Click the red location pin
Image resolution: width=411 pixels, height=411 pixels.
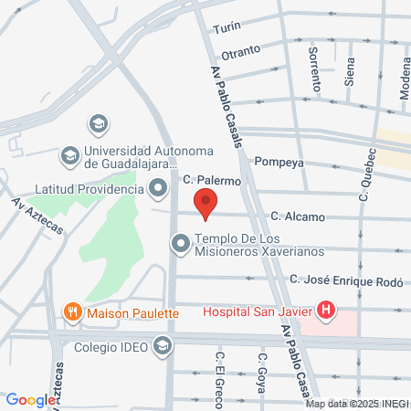206,203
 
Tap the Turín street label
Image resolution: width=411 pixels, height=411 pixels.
227,29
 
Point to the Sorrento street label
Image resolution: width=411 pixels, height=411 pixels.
315,68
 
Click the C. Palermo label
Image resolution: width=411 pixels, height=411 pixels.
211,181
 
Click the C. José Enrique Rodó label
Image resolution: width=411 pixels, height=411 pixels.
345,280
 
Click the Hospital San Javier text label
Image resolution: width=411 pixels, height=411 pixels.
257,311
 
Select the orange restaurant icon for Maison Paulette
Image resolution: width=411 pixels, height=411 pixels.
73,312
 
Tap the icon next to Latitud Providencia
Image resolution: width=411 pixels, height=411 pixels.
158,189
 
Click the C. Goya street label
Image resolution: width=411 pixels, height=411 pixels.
261,373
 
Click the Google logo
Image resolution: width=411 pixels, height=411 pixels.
29,400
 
